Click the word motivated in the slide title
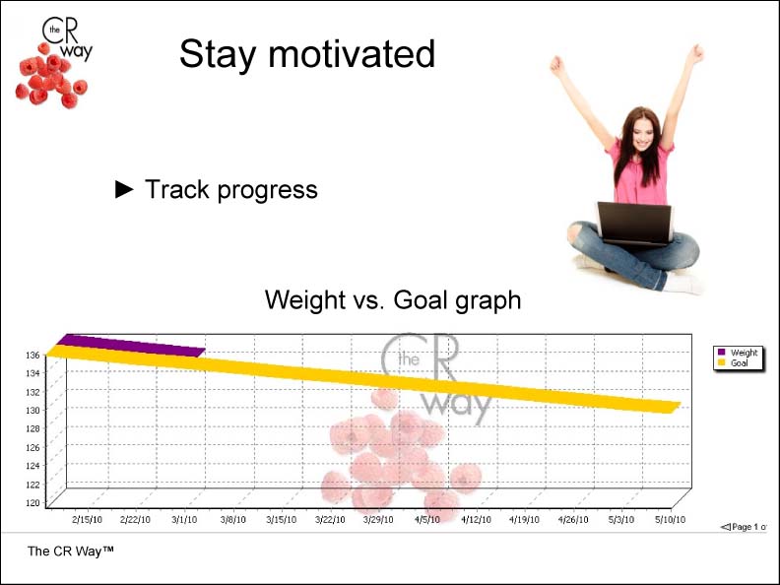(x=352, y=54)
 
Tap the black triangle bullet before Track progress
(x=124, y=189)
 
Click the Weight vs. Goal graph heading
(x=393, y=300)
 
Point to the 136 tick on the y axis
(x=32, y=356)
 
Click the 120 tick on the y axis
(x=32, y=502)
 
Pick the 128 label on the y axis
(x=32, y=428)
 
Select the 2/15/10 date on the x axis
(x=87, y=520)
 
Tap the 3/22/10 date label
(x=330, y=520)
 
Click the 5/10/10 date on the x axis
(x=670, y=520)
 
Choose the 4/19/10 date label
(x=524, y=520)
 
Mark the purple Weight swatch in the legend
(x=721, y=353)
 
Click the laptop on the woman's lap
(x=634, y=224)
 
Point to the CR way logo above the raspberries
(x=67, y=38)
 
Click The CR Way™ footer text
(x=71, y=552)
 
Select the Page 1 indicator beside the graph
(x=744, y=527)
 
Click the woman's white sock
(x=685, y=283)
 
